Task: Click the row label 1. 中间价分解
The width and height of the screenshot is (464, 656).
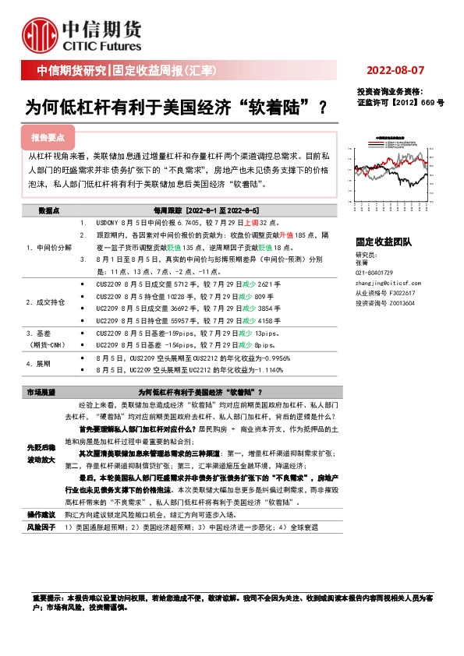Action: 48,245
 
